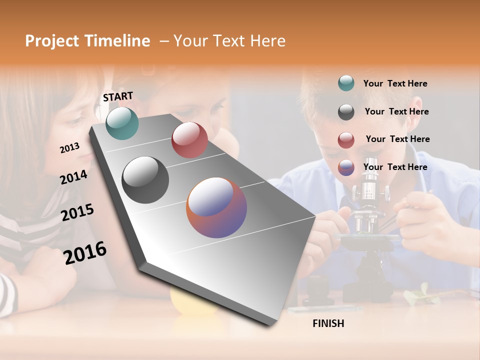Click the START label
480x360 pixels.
(x=118, y=96)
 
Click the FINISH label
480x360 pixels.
(x=328, y=323)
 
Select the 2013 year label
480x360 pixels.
(x=69, y=147)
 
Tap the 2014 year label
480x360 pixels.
(x=73, y=177)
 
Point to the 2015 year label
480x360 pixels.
(x=77, y=212)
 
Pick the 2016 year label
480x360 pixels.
(x=85, y=252)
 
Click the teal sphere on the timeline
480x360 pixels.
(x=122, y=123)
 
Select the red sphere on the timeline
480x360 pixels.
(x=189, y=140)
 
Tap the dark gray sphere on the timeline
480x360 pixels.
(x=145, y=180)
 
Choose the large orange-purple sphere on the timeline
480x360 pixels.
(x=216, y=207)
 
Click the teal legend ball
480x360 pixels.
(x=346, y=83)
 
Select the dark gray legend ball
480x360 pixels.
(x=346, y=112)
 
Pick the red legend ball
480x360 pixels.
(x=346, y=140)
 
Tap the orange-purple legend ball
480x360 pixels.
(x=346, y=167)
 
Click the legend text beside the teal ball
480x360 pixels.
(x=395, y=83)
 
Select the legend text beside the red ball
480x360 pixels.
(x=397, y=139)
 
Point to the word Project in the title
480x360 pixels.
(x=52, y=41)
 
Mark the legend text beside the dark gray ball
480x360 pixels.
(x=396, y=111)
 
